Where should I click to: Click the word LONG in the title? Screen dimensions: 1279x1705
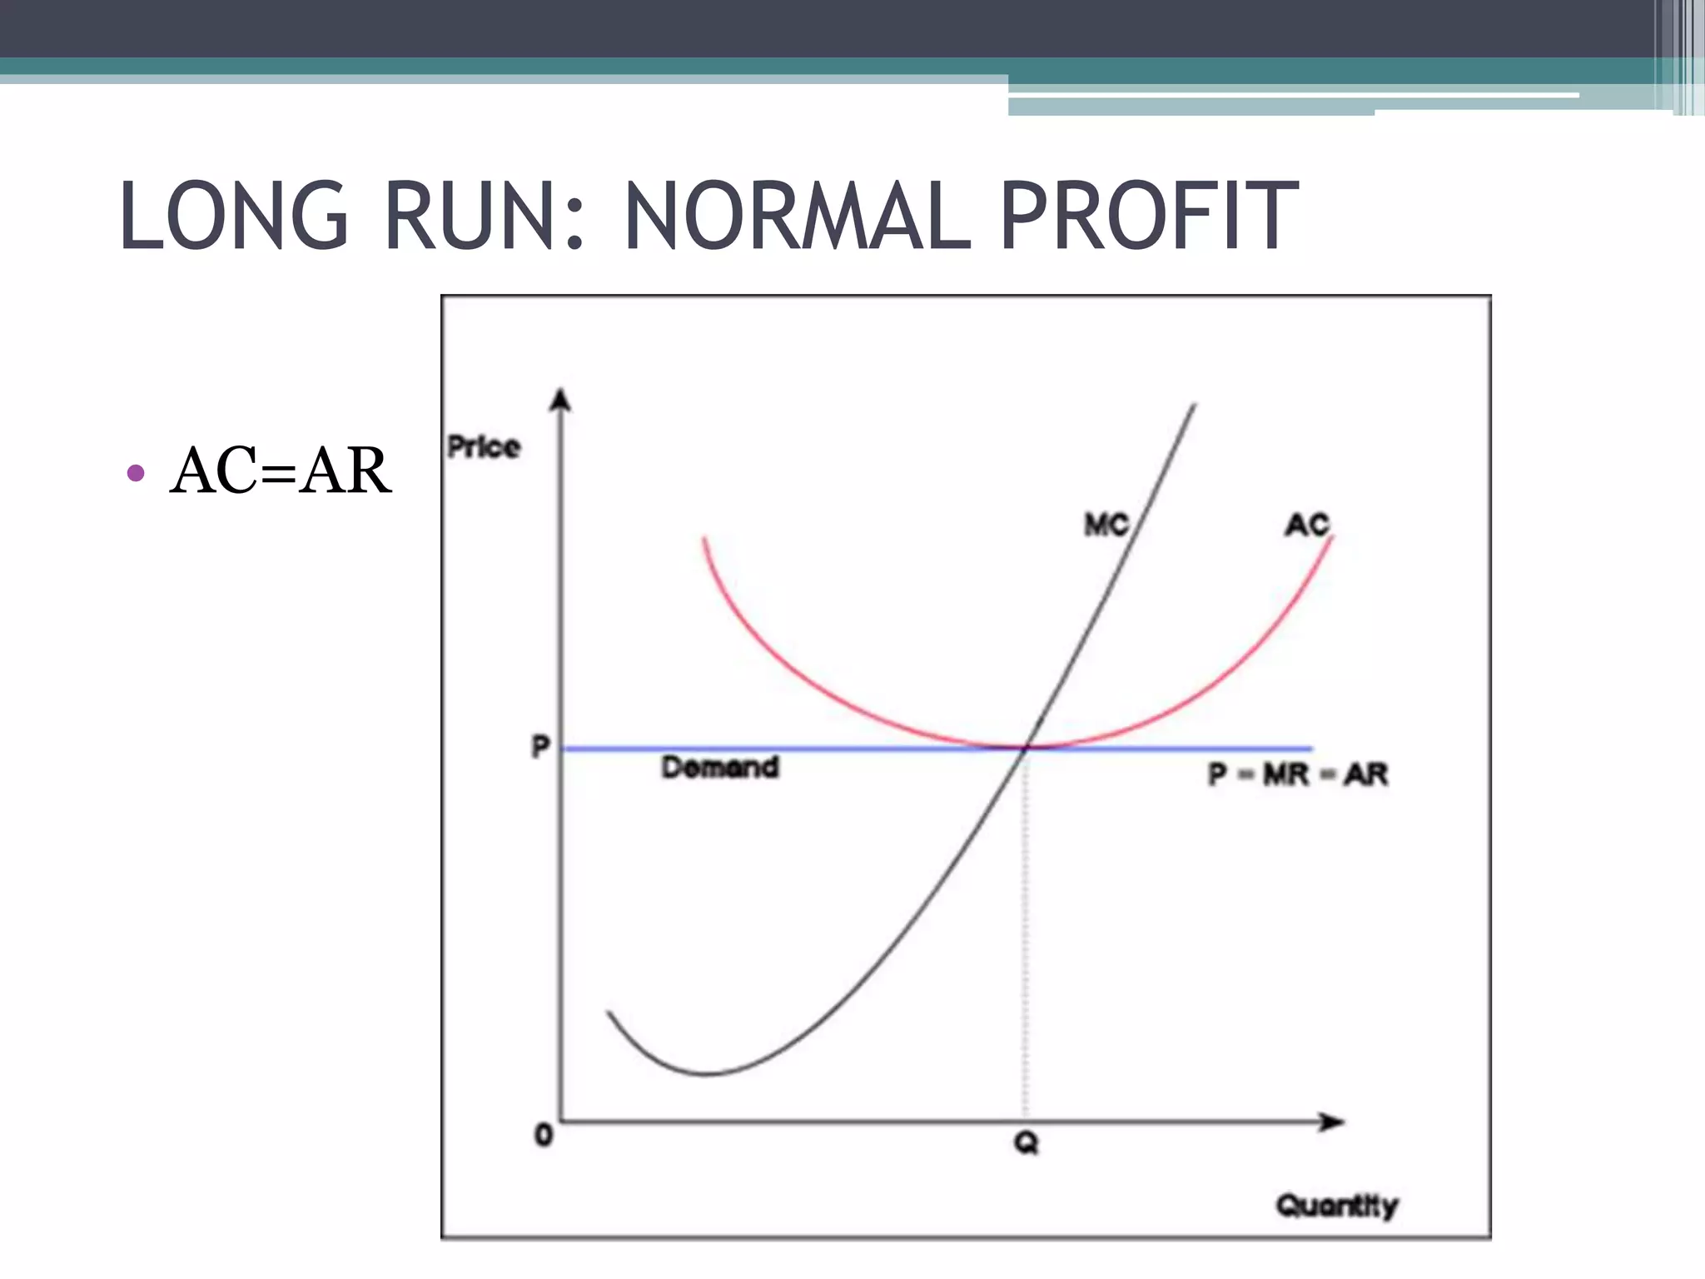234,216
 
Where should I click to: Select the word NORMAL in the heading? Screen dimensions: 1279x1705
798,216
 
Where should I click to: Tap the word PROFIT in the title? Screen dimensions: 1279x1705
1149,216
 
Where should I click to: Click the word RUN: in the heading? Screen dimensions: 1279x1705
484,216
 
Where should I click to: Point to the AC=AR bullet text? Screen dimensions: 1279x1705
280,471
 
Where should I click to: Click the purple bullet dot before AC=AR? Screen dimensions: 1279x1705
136,474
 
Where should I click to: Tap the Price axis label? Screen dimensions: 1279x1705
484,447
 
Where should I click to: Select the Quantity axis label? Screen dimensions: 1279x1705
1336,1205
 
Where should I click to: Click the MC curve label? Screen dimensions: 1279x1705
1106,525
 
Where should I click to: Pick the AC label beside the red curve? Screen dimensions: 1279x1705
1307,525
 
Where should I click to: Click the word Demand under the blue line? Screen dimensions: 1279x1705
720,767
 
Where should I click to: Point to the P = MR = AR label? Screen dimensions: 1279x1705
1298,774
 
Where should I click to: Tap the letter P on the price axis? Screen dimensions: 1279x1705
541,747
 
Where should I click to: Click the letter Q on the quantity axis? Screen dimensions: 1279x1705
1026,1143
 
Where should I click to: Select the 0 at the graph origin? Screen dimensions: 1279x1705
544,1134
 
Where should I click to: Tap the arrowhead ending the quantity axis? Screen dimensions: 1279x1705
1333,1122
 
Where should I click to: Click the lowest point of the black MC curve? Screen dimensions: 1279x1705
706,1073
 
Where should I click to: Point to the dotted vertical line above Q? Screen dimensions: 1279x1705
1026,933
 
